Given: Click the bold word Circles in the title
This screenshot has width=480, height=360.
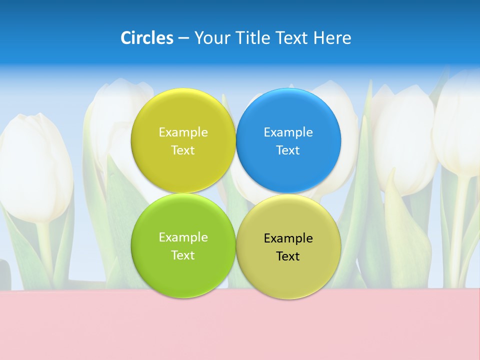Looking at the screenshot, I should (147, 38).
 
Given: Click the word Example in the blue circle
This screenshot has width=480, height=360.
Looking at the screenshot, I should (288, 132).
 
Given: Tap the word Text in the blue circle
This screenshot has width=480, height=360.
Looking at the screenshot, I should (288, 150).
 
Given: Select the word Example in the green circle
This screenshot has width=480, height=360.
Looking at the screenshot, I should (183, 237).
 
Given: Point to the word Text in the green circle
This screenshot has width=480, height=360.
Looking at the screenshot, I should (183, 255).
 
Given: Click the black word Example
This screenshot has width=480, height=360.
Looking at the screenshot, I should (288, 238).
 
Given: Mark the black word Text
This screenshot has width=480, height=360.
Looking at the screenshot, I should (288, 256).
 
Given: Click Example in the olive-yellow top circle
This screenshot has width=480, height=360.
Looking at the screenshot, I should (183, 132).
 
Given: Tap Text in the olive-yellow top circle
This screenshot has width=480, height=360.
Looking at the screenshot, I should (183, 150).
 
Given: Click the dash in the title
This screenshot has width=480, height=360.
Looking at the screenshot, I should (183, 38).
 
